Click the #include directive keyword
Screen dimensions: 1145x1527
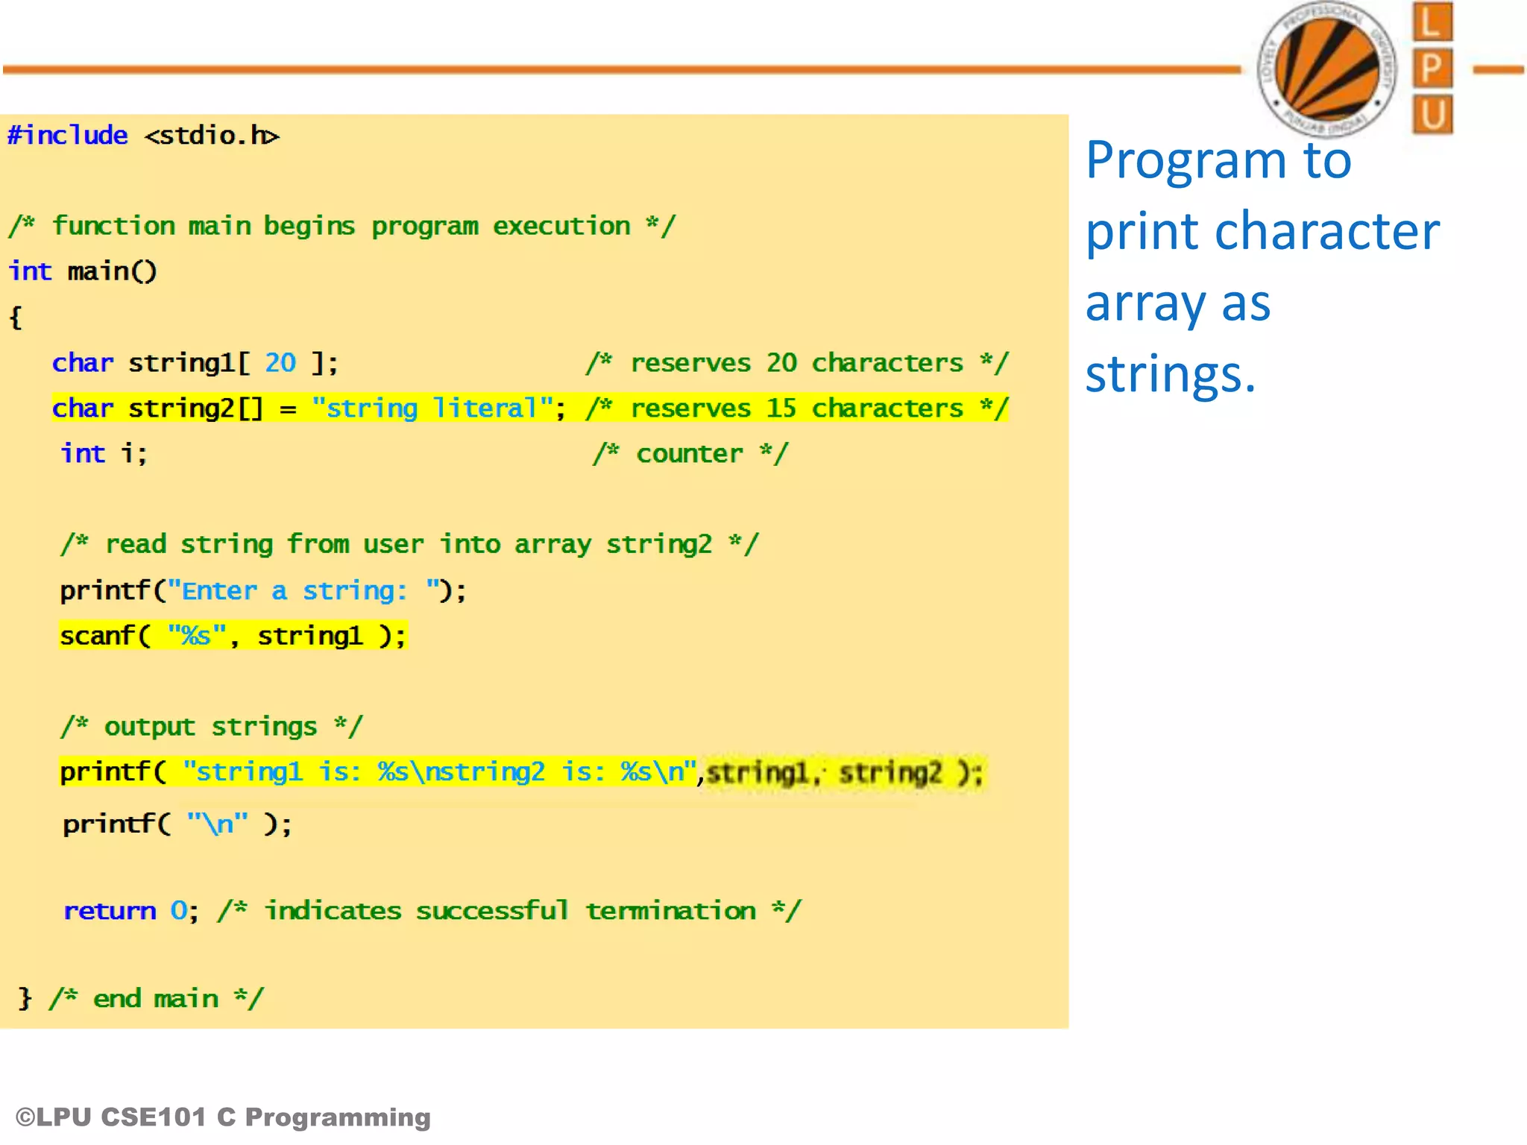coord(68,136)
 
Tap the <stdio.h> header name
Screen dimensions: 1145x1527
coord(212,136)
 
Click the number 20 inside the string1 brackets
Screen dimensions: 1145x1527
coord(280,363)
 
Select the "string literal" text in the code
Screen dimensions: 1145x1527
coord(432,409)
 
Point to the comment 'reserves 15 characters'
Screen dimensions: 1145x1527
coord(797,409)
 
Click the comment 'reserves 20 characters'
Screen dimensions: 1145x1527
coord(797,363)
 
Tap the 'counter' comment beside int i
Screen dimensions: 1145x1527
coord(690,454)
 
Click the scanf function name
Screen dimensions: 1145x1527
coord(98,636)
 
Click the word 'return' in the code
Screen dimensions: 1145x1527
coord(110,911)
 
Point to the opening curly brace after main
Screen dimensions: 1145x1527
coord(16,318)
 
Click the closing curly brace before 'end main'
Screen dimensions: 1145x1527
coord(25,998)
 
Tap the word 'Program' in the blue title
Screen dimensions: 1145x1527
coord(1185,161)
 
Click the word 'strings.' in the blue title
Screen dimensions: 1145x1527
coord(1170,374)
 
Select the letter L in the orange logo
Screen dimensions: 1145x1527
coord(1432,22)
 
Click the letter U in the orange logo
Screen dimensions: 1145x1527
coord(1432,115)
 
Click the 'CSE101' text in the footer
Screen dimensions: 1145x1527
coord(154,1117)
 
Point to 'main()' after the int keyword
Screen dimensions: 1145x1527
coord(112,272)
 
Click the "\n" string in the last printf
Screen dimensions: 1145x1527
coord(217,824)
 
